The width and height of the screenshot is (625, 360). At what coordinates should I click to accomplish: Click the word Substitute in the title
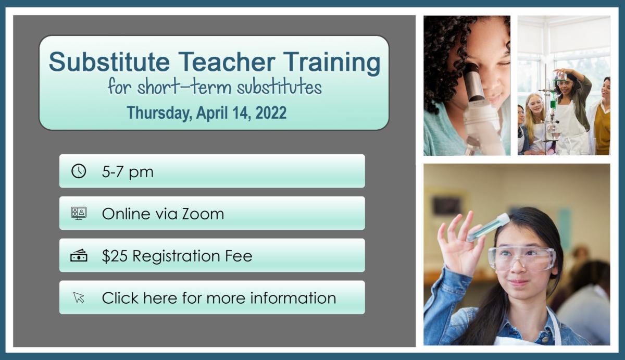point(109,61)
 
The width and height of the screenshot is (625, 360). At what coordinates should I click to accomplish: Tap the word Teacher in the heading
point(227,61)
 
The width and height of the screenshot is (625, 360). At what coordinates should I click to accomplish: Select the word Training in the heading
point(332,64)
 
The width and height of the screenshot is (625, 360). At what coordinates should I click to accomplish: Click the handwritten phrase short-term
point(184,86)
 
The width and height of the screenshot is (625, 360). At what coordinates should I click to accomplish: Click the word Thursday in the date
point(159,113)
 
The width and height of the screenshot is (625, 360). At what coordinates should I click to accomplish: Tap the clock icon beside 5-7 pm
point(79,171)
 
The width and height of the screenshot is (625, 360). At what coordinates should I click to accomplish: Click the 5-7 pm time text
point(128,172)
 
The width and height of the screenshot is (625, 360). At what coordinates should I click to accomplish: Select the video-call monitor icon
point(79,213)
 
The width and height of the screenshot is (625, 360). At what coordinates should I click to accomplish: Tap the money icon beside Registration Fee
point(79,255)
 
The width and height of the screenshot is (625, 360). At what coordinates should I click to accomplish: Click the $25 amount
point(115,256)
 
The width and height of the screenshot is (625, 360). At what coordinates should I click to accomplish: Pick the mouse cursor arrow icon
point(79,297)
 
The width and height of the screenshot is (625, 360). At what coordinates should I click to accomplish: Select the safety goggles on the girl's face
point(522,258)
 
